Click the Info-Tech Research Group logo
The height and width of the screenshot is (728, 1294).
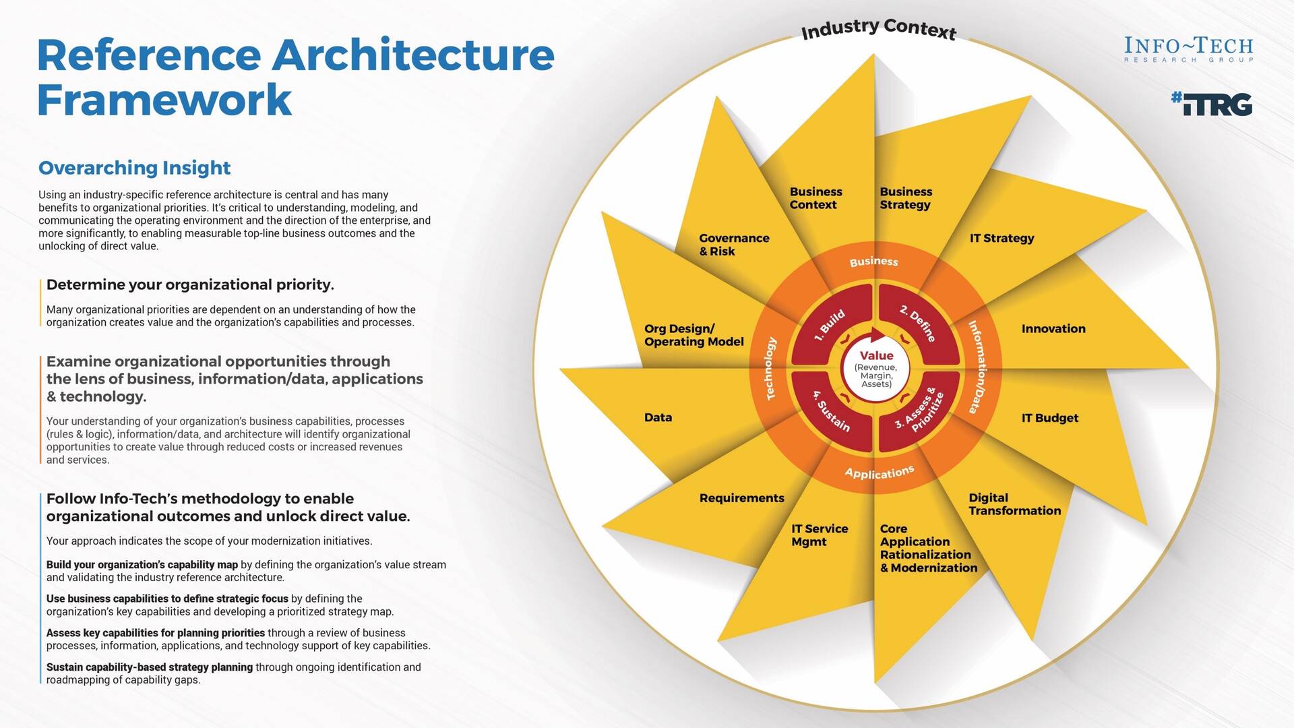[x=1188, y=50]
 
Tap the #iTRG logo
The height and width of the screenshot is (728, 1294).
[x=1211, y=104]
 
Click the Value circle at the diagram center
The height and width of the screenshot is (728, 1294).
[x=875, y=368]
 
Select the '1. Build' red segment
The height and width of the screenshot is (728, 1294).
[x=830, y=325]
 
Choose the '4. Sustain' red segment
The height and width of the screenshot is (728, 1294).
[x=830, y=413]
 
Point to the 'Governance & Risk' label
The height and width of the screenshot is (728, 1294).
[x=734, y=245]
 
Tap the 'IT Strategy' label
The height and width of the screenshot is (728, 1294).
[x=1002, y=238]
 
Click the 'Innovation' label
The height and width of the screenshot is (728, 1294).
[x=1053, y=329]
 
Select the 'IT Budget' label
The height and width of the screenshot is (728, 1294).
[x=1049, y=418]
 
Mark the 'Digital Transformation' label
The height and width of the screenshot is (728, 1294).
[x=1014, y=504]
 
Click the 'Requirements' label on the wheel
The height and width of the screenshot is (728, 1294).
[x=741, y=498]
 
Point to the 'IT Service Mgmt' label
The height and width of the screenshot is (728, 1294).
[x=820, y=535]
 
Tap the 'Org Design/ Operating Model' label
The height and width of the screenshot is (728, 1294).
[x=694, y=335]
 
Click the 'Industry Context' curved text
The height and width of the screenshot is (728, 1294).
[x=878, y=29]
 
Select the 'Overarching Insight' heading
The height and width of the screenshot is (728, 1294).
[x=134, y=168]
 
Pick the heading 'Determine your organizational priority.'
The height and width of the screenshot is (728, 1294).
[x=190, y=284]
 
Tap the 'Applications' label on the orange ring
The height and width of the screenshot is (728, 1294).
[x=879, y=473]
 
